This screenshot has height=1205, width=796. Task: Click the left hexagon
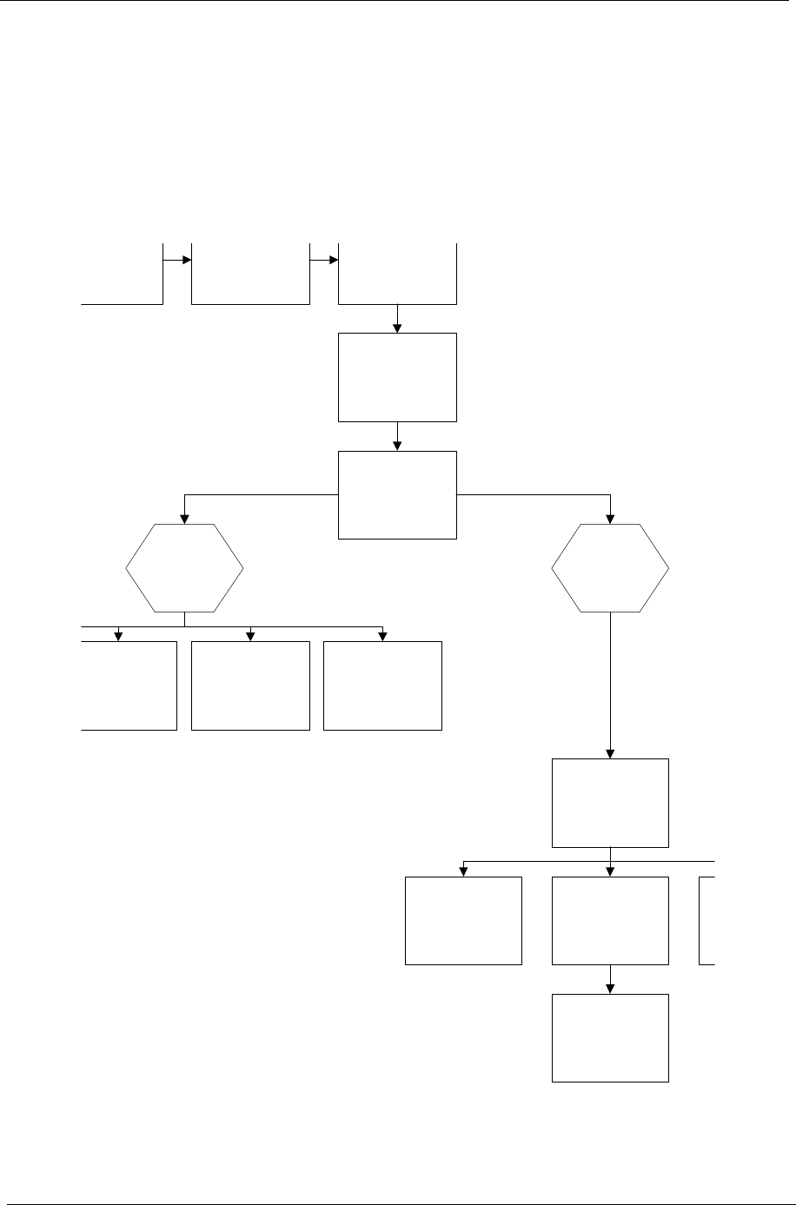click(x=184, y=568)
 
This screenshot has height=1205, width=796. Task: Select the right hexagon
click(x=611, y=568)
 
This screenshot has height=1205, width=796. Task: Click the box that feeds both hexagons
click(x=397, y=494)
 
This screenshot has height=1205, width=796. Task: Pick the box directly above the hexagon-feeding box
click(x=397, y=377)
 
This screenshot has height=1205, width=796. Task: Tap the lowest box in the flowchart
click(x=610, y=1037)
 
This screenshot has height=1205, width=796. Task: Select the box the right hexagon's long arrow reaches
click(x=610, y=802)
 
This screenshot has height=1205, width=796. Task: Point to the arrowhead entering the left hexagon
click(x=184, y=519)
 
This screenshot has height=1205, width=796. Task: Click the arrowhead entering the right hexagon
click(x=611, y=519)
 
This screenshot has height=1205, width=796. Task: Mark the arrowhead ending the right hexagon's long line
click(x=611, y=753)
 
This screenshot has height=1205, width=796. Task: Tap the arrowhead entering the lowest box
click(x=611, y=989)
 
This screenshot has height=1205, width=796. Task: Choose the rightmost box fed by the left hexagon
click(x=382, y=685)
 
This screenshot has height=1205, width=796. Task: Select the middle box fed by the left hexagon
click(x=250, y=685)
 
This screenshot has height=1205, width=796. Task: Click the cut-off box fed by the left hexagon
click(x=130, y=685)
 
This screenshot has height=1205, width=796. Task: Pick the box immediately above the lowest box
click(x=610, y=920)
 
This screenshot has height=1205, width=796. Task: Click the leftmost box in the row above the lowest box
click(x=463, y=920)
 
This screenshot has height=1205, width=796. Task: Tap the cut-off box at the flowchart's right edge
click(x=706, y=920)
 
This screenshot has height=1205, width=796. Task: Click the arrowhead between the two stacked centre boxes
click(x=397, y=445)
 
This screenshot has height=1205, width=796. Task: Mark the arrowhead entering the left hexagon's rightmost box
click(x=382, y=636)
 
